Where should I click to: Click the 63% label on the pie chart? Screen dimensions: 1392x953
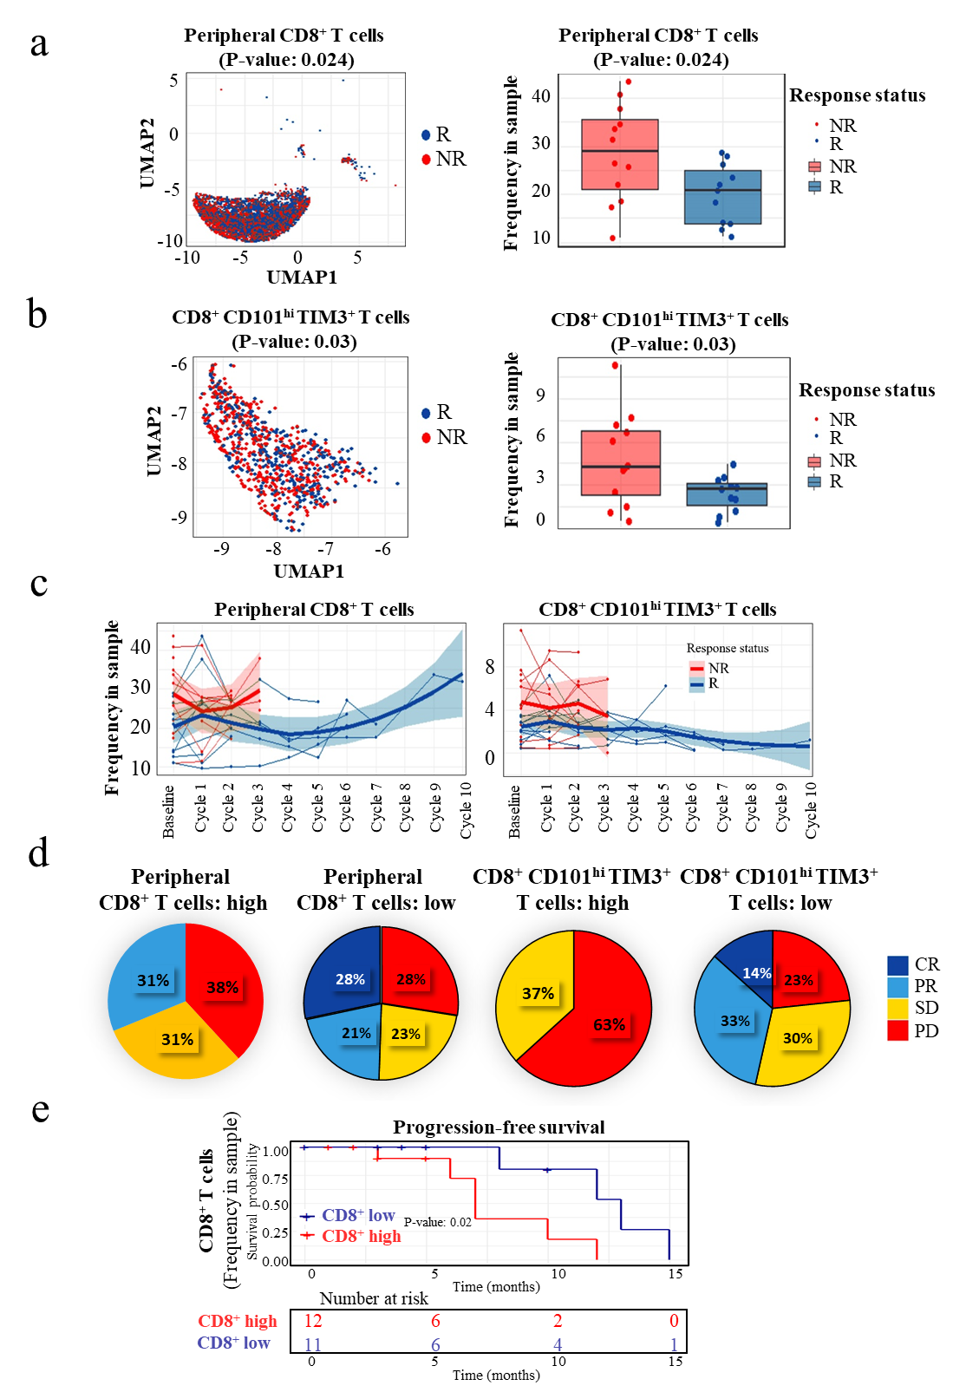(x=609, y=1024)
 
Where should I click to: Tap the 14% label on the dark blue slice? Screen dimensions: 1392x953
(x=756, y=973)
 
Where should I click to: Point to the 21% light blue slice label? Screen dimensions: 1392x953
(x=356, y=1033)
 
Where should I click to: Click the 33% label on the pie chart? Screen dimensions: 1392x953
(x=735, y=1021)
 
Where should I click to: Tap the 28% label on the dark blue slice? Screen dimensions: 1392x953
(x=350, y=979)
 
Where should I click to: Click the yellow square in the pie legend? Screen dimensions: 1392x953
(x=898, y=1009)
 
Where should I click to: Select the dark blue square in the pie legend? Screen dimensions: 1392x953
(x=898, y=965)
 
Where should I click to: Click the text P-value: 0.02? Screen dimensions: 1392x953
(x=438, y=1222)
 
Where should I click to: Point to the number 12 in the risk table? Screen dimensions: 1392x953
(x=313, y=1321)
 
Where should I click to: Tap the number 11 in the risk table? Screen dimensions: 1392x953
(x=313, y=1345)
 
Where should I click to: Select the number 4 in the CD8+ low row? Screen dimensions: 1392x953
(x=558, y=1345)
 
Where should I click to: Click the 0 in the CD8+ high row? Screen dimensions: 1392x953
(x=674, y=1321)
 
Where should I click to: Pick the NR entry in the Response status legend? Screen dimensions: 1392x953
(x=718, y=668)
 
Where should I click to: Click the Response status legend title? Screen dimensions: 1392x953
(x=728, y=648)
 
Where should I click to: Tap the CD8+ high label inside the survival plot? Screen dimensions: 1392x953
(x=361, y=1236)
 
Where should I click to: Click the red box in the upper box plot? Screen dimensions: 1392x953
(x=620, y=154)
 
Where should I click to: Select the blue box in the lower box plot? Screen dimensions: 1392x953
(x=727, y=494)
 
